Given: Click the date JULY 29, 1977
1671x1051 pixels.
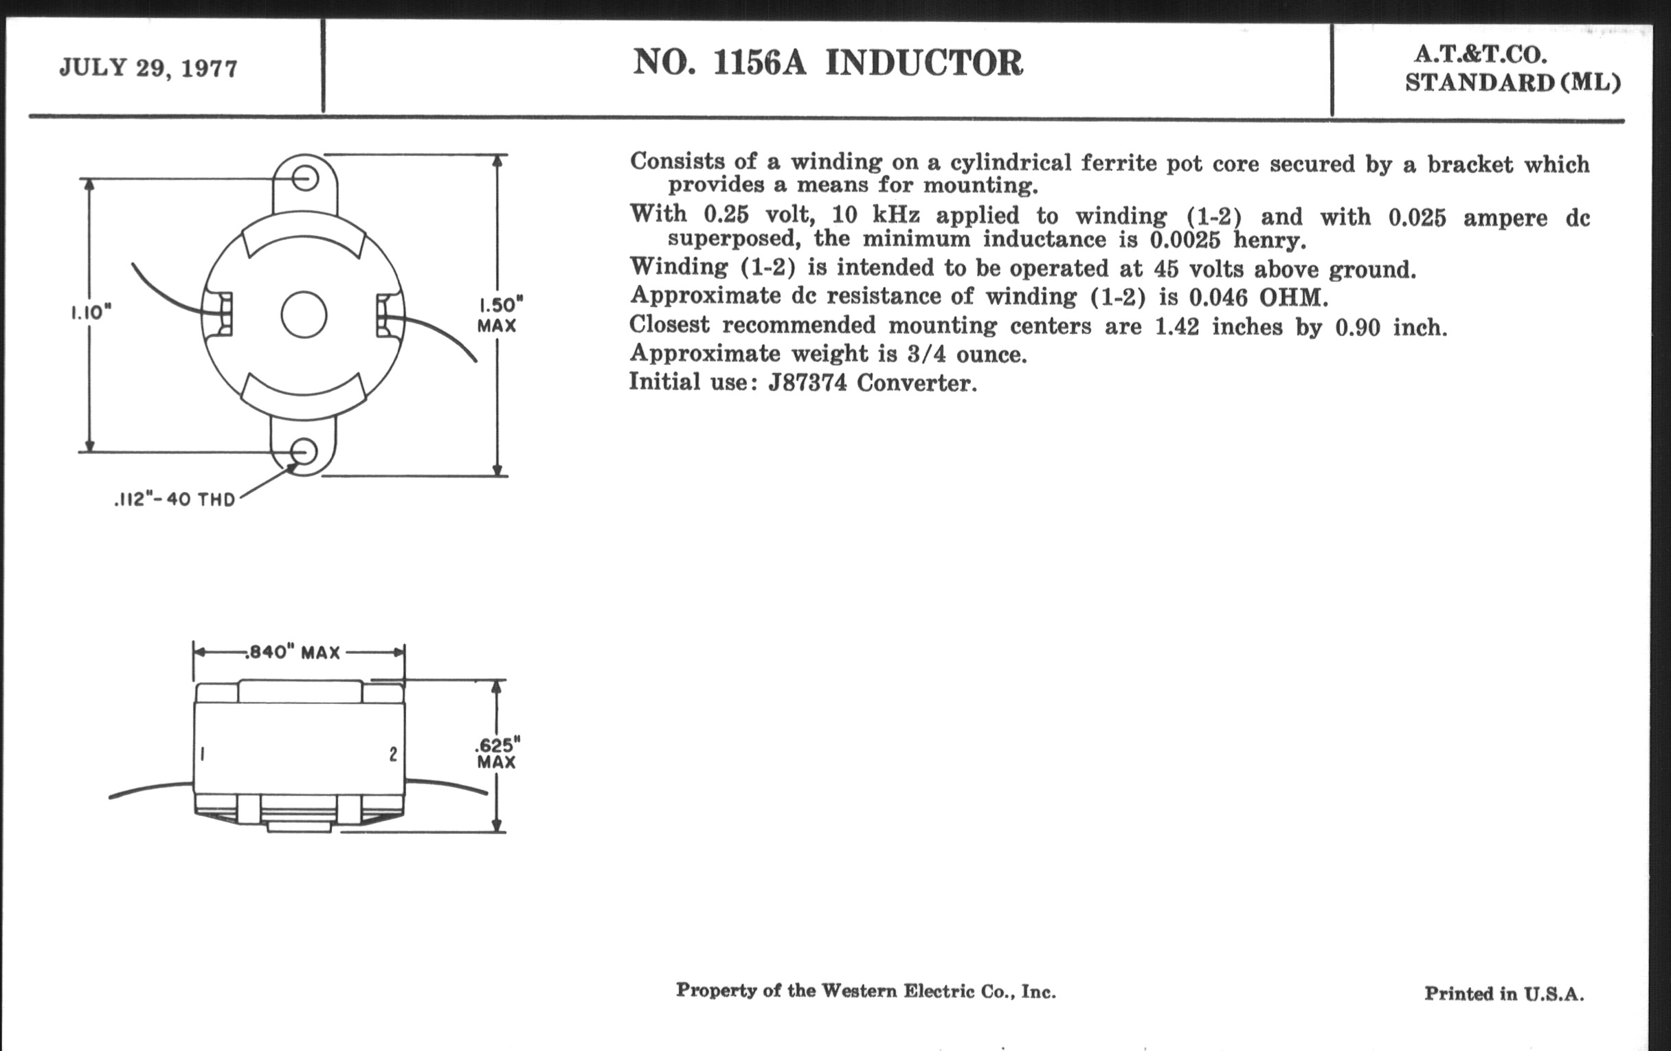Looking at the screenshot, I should (x=148, y=68).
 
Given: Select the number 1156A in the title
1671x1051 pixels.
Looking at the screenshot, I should (x=760, y=63).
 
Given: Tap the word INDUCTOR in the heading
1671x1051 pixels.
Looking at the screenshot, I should (x=923, y=63).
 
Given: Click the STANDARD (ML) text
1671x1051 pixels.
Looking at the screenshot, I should (x=1513, y=82).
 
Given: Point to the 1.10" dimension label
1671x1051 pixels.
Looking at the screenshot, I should (x=91, y=312).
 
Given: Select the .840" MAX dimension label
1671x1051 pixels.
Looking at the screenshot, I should (x=293, y=653).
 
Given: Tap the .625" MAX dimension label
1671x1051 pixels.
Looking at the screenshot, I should (x=497, y=754).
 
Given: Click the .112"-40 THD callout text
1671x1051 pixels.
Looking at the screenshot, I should (x=175, y=499).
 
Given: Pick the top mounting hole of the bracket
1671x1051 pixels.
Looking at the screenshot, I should (x=304, y=179).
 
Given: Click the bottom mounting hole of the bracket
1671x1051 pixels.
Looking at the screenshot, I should (x=303, y=451).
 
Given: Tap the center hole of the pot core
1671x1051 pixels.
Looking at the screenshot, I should (x=304, y=315).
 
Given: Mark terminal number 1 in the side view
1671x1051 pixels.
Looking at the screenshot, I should (x=202, y=754).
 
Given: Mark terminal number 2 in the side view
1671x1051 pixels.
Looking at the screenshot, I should (x=394, y=754).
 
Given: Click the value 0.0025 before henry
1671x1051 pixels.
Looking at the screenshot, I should (x=1185, y=240).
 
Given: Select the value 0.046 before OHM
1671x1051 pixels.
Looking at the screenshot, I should (x=1218, y=297).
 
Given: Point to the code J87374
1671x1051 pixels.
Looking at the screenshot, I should (x=807, y=382).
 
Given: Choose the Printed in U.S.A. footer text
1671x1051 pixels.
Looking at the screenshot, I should (x=1505, y=993).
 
